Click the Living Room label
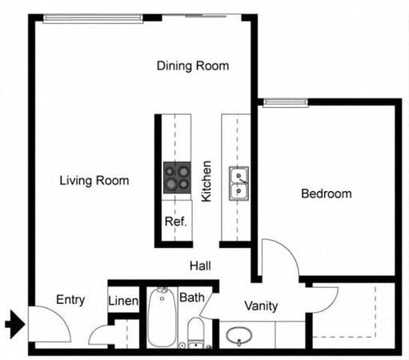94,181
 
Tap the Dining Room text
193,66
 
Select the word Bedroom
327,194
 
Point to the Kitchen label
207,181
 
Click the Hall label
200,266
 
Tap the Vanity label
261,306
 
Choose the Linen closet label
123,301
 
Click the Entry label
70,300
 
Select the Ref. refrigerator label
175,222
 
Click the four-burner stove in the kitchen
177,178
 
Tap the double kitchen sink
239,183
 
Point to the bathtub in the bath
162,318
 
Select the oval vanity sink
239,335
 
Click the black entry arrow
15,324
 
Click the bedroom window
286,102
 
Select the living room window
93,18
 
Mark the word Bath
192,298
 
